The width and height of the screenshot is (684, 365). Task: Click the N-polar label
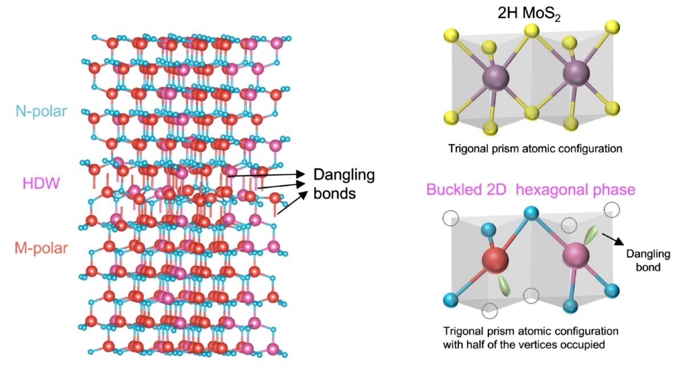click(x=41, y=111)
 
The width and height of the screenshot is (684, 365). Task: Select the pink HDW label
click(x=41, y=184)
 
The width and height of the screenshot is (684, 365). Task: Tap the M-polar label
click(x=41, y=248)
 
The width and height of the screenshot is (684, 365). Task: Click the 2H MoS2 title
click(x=529, y=14)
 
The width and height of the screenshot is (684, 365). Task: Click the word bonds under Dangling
click(x=335, y=194)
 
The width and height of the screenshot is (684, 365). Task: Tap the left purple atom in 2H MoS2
click(x=495, y=78)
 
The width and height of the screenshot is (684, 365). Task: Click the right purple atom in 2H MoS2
click(x=576, y=73)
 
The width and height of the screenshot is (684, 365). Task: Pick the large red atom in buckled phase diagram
click(x=495, y=261)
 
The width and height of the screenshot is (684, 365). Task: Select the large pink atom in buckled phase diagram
click(x=576, y=255)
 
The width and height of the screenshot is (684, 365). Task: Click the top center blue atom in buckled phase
click(x=532, y=213)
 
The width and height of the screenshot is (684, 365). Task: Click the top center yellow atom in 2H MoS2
click(x=532, y=31)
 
